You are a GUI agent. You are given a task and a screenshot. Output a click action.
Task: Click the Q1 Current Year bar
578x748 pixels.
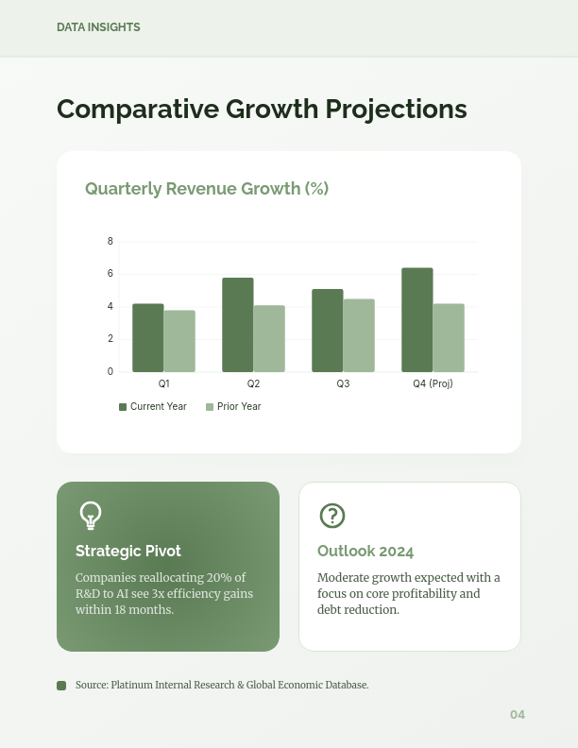(x=148, y=338)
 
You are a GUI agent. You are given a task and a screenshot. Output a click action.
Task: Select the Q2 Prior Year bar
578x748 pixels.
(x=269, y=339)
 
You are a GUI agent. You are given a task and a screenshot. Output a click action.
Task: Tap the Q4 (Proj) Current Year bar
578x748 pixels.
(x=417, y=320)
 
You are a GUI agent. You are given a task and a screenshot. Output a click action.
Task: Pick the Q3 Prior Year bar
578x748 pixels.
(x=359, y=335)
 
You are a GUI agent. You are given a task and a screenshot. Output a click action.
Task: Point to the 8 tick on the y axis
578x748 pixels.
(x=110, y=242)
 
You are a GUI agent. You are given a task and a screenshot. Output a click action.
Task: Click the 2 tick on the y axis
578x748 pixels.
(x=110, y=339)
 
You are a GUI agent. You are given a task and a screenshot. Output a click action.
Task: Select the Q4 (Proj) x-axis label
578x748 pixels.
(x=433, y=384)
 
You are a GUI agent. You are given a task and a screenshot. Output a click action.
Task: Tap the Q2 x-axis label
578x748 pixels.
(x=253, y=384)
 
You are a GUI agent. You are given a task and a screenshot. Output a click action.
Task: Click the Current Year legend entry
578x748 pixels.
(x=153, y=407)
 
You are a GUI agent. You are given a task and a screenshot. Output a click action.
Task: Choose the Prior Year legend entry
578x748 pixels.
(x=233, y=407)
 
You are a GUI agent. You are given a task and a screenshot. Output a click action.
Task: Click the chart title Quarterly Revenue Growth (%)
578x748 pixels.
(x=207, y=189)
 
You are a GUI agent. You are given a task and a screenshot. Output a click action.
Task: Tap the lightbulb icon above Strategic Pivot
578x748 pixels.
(x=91, y=516)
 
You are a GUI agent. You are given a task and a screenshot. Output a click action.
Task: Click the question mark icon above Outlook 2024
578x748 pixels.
(x=332, y=516)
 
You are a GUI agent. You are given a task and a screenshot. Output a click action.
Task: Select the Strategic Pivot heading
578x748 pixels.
(x=128, y=551)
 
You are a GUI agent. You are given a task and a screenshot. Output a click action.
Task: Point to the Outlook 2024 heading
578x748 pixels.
(x=365, y=552)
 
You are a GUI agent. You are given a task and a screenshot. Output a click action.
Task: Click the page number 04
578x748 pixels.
(x=518, y=715)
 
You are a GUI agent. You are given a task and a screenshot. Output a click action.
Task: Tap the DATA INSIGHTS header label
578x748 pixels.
(x=98, y=27)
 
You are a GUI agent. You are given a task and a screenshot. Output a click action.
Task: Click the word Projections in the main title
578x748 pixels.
(x=396, y=110)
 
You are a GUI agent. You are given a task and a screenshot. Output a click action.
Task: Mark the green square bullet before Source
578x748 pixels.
(x=61, y=686)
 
